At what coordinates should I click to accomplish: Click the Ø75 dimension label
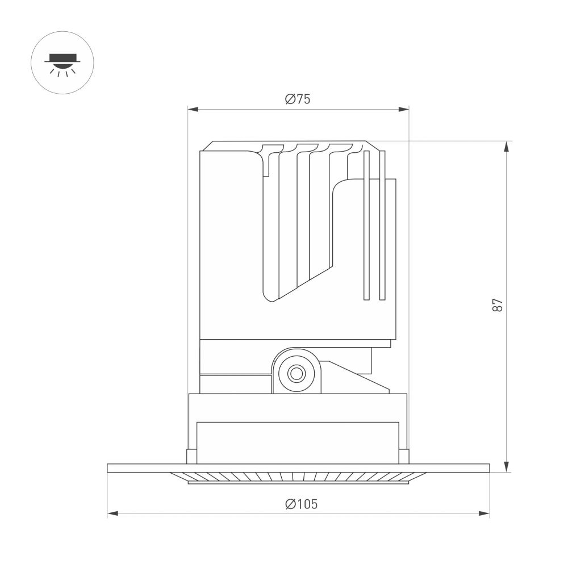[298, 99]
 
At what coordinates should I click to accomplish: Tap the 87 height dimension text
[498, 306]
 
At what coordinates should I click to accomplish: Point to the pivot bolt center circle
[295, 374]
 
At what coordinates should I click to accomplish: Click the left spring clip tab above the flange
[191, 456]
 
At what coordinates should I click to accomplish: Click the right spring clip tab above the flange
[404, 456]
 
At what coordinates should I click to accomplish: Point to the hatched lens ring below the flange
[298, 477]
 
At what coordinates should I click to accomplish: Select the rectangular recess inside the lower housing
[298, 442]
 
